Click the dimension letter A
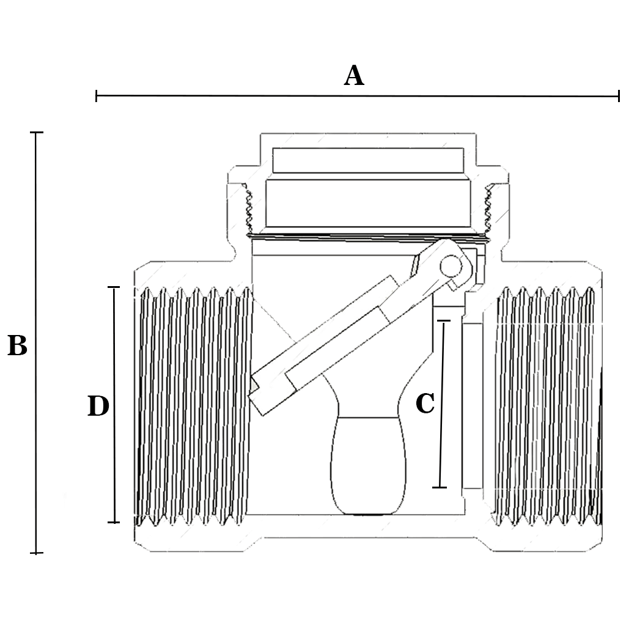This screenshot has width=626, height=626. click(354, 76)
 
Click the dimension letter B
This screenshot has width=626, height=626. click(17, 346)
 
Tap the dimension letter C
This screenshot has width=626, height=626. click(425, 403)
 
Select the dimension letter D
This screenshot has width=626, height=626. click(98, 407)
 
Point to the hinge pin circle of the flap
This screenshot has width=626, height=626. click(451, 267)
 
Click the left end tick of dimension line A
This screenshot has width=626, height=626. click(97, 95)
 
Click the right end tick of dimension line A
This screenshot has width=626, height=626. click(619, 96)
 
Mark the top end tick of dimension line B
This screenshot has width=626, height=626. click(37, 132)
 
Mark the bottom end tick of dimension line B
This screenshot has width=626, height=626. click(37, 553)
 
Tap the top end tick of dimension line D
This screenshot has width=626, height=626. click(114, 287)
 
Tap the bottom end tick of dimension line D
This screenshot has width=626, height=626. click(114, 522)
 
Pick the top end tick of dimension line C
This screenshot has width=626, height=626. click(444, 320)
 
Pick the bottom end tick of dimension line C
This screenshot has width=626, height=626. click(440, 487)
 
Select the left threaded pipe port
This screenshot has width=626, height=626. click(193, 406)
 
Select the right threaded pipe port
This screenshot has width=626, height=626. click(544, 406)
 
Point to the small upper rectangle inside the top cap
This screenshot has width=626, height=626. click(368, 160)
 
